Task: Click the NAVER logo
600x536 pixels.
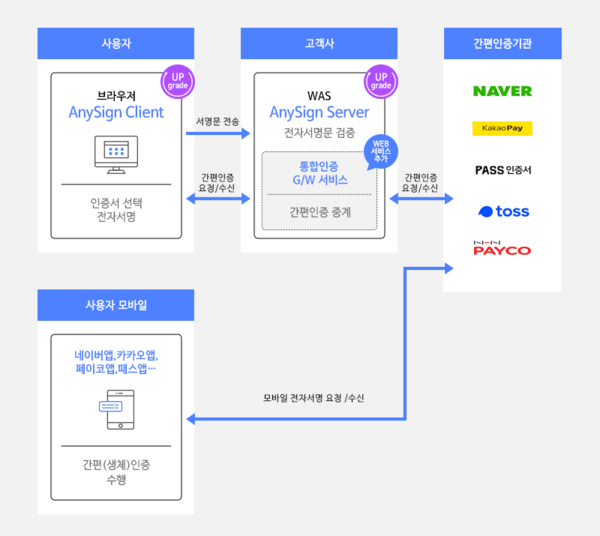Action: [502, 91]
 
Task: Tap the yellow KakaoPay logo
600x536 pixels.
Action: [502, 128]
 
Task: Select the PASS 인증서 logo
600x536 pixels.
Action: [503, 170]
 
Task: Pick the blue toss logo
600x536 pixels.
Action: [503, 211]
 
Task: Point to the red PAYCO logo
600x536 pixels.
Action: [502, 247]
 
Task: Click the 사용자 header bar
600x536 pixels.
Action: [115, 43]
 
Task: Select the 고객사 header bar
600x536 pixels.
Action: [313, 43]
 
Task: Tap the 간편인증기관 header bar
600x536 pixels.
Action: [502, 43]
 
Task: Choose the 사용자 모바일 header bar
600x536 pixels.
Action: [115, 304]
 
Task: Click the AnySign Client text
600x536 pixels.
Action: [116, 112]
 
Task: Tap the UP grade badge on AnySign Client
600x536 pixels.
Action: [177, 81]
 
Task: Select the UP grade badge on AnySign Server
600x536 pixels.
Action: [378, 81]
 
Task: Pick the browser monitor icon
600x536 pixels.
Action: [116, 152]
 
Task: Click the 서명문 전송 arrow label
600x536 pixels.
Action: [217, 120]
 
